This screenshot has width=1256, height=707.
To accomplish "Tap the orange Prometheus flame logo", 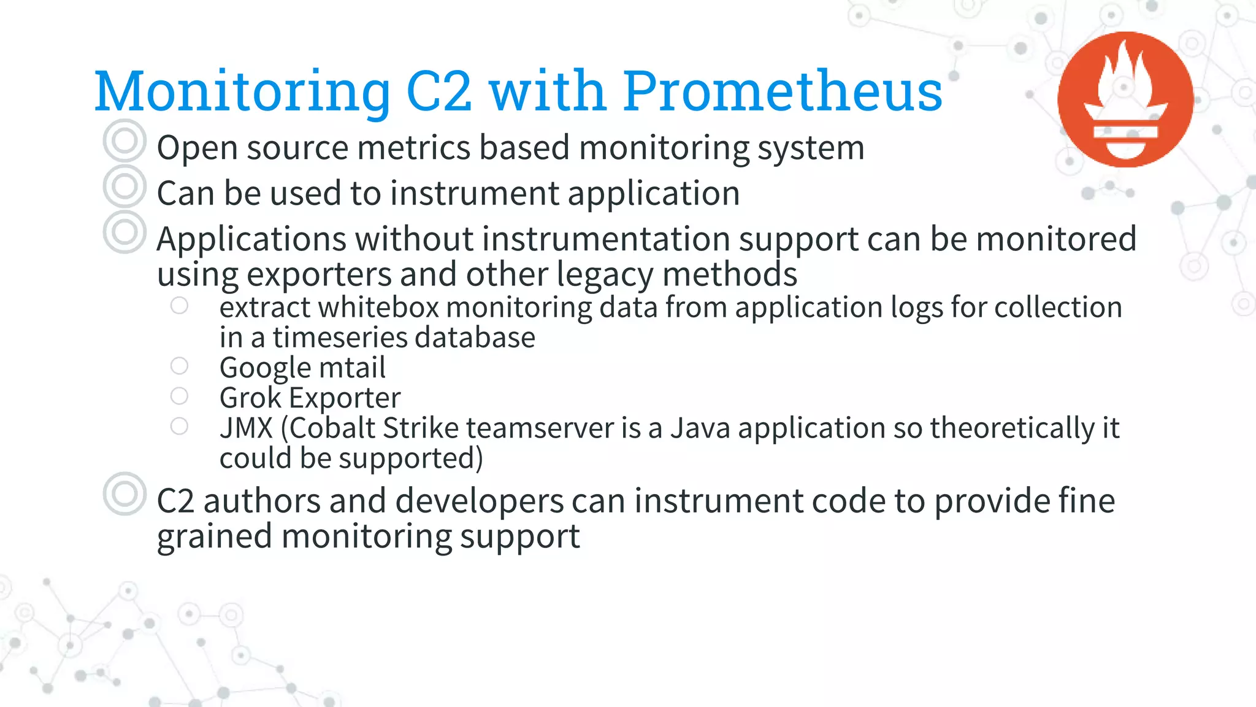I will [x=1125, y=99].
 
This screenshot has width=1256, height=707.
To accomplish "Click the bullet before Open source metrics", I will [x=124, y=141].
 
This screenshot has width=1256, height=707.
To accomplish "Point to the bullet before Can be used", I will [x=124, y=186].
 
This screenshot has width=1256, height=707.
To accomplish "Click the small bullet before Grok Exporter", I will [x=179, y=396].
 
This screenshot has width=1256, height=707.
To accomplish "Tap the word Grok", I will [x=250, y=398].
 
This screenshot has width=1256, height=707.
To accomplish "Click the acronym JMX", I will [x=246, y=428].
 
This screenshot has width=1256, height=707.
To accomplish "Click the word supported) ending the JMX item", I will [x=410, y=458].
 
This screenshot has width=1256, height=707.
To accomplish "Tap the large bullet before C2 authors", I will [x=124, y=493].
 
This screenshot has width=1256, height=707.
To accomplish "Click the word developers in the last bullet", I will [x=479, y=501].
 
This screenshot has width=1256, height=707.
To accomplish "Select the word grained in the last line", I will [x=214, y=537].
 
